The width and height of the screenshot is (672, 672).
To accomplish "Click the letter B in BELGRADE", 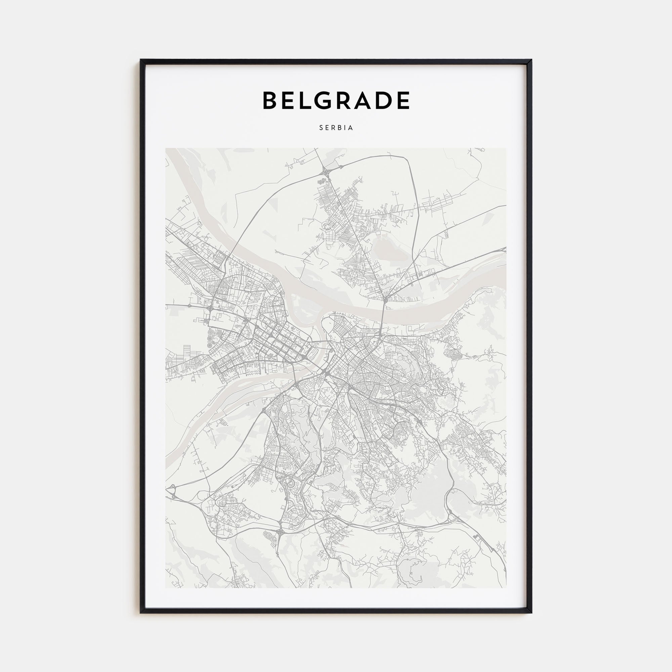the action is coord(271,100).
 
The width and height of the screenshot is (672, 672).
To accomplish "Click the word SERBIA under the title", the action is coord(336,128).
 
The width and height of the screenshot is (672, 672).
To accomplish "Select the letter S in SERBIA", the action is coord(321,128).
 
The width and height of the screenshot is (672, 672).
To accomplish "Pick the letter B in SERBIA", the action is coord(339,128).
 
